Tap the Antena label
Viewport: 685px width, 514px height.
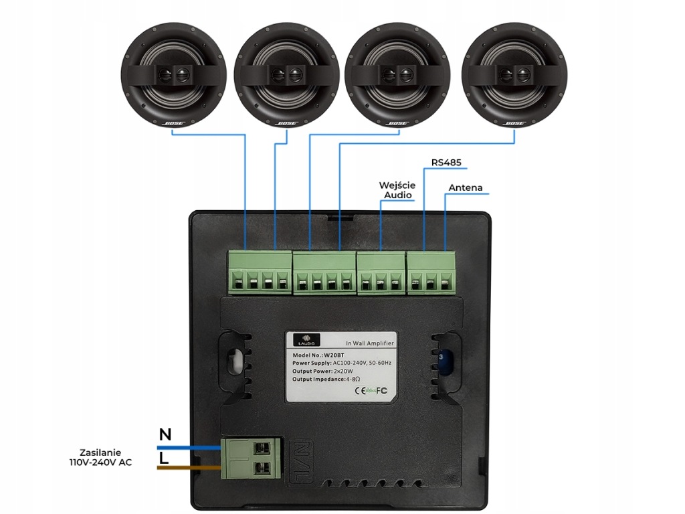click(x=466, y=187)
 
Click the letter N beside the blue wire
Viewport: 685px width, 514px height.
click(x=165, y=434)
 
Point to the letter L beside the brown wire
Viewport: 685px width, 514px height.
click(x=164, y=458)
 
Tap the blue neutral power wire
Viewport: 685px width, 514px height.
click(x=190, y=446)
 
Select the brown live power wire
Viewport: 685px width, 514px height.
click(x=190, y=467)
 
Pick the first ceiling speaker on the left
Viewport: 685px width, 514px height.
click(x=173, y=74)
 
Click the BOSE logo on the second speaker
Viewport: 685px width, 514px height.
click(x=286, y=123)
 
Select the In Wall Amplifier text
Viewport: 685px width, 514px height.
click(x=370, y=343)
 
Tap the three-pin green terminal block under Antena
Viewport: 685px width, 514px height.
click(x=431, y=273)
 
